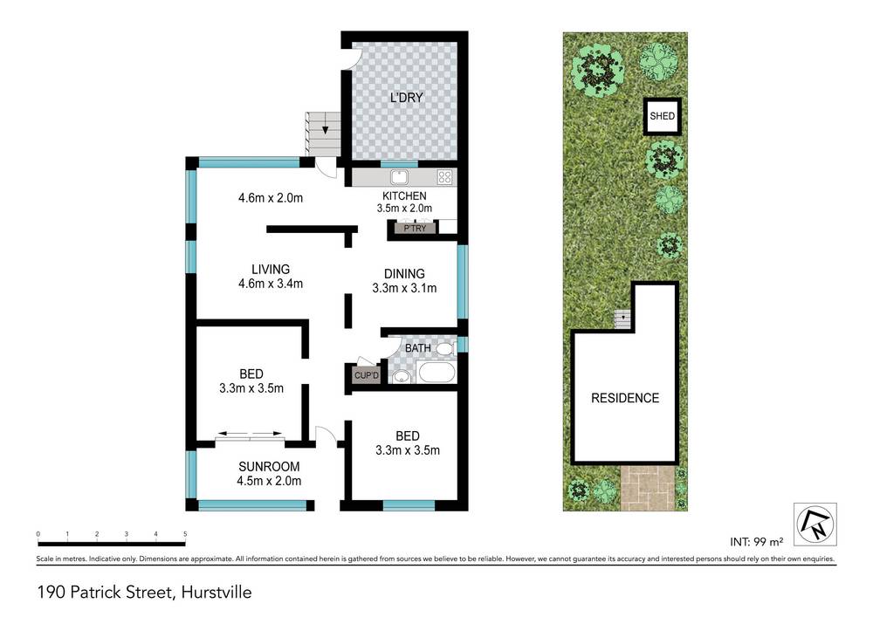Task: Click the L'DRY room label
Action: [406, 98]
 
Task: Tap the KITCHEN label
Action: [405, 196]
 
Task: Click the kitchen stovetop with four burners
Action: [445, 177]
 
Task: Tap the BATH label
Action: [418, 349]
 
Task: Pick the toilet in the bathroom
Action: [445, 349]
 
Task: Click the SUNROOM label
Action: [271, 466]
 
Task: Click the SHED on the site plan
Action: [663, 115]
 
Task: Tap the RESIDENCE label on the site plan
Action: [625, 398]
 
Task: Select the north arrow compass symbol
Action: [814, 521]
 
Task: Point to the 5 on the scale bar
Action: [185, 533]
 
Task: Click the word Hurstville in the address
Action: [216, 593]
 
